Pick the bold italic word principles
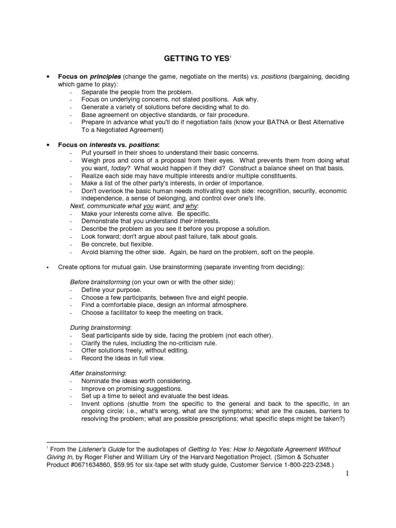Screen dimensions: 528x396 106,77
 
